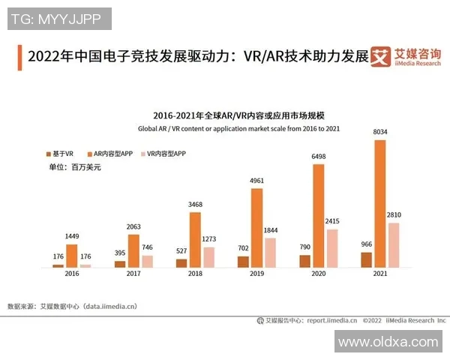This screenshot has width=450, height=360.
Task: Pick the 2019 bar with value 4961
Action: coord(257,228)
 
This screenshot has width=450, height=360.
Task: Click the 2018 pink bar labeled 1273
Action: coord(208,257)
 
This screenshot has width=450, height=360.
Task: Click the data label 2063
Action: coord(133,227)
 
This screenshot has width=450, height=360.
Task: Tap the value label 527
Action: coord(181,252)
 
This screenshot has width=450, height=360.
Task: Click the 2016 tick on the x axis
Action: coord(73,275)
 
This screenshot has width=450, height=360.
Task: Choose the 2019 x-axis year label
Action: coord(257,275)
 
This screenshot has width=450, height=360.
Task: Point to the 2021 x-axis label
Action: coord(380,275)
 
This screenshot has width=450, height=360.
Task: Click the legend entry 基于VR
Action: coord(60,153)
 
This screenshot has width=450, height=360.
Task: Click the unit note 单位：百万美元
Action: coord(75,167)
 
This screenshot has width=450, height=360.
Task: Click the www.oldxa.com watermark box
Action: coord(388,342)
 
